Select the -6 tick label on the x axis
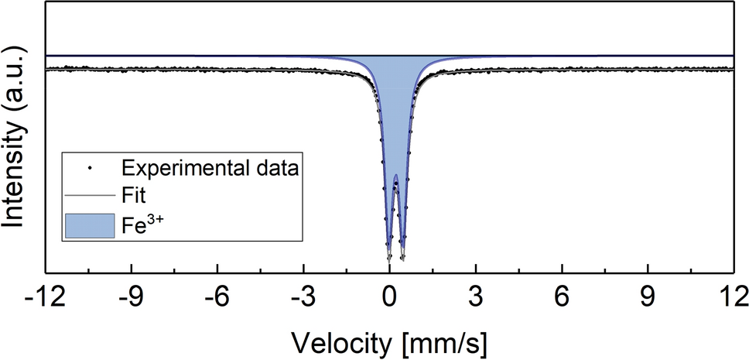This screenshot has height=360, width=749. [217, 297]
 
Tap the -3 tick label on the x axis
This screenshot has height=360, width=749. [303, 297]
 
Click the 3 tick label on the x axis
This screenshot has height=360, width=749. [476, 297]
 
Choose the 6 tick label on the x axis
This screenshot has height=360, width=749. [562, 297]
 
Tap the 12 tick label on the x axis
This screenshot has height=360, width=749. [731, 297]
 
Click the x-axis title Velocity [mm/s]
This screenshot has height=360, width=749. [389, 341]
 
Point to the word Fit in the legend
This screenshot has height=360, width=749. [136, 196]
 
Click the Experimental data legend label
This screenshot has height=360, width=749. [209, 166]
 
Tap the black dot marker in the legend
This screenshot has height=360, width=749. [91, 166]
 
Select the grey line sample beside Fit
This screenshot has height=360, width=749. [91, 196]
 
